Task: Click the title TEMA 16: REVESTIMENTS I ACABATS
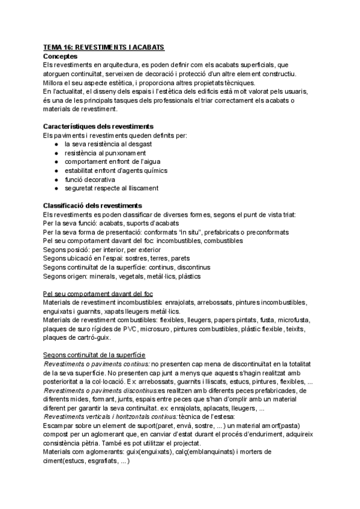[104, 47]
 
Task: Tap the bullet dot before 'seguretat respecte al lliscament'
[55, 188]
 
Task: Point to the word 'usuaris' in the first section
[292, 91]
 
